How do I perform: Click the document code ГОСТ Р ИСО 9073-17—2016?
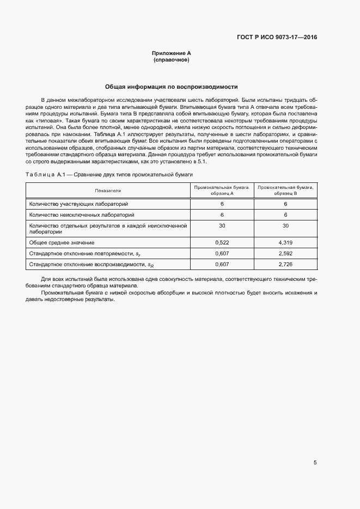pos(277,38)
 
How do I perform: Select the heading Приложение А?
pos(172,53)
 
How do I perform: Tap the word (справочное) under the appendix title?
pos(172,60)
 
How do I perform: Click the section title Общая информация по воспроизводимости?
pos(172,87)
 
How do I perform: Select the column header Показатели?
pos(108,190)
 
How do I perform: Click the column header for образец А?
pos(222,190)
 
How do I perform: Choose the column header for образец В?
pos(285,190)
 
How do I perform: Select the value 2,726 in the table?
pos(285,264)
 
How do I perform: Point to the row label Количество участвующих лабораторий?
pos(78,204)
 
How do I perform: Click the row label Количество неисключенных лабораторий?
pos(80,214)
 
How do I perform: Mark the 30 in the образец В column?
pos(285,225)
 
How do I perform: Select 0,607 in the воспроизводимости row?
pos(222,264)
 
